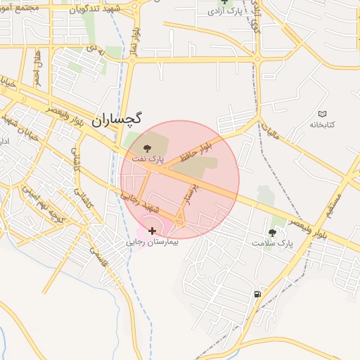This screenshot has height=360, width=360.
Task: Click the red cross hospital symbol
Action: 152,231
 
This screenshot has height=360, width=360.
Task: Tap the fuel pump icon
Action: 258,294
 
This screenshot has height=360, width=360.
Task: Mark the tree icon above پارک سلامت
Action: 272,232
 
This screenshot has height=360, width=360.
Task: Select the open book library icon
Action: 323,114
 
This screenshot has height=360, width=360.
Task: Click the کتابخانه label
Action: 323,124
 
